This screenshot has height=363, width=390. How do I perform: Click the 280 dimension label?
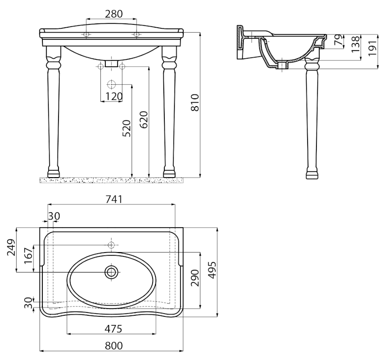tap(114, 14)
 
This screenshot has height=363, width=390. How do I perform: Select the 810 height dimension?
tap(195, 103)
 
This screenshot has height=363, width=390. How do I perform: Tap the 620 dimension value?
tap(144, 120)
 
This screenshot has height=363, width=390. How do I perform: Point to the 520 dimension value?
tap(127, 128)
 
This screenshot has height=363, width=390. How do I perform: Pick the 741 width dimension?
tap(114, 199)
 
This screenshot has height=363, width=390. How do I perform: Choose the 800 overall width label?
tap(114, 345)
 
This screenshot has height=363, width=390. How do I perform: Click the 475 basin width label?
tap(113, 329)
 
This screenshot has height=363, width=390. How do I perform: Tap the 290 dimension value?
tap(195, 278)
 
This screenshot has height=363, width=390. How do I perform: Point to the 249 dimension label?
tap(11, 247)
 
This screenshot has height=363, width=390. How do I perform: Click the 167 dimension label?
tap(28, 255)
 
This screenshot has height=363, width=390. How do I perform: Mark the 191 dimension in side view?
tap(372, 48)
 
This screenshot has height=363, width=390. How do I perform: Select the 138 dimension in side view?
tap(356, 44)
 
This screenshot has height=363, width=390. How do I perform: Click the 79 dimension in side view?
tap(339, 40)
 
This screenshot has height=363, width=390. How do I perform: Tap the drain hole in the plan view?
tap(111, 272)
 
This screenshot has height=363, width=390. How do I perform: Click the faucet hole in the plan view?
tap(111, 245)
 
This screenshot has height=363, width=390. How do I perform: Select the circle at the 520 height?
tap(112, 85)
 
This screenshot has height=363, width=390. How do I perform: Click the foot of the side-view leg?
tap(312, 175)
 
